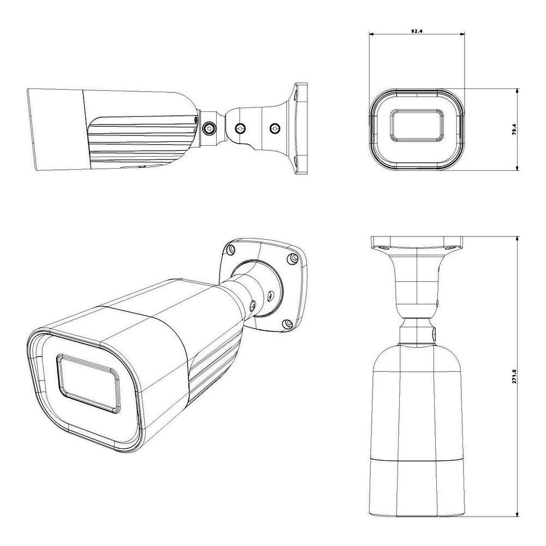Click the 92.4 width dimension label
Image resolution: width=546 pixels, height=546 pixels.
point(417,31)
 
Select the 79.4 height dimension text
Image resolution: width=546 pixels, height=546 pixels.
point(514,129)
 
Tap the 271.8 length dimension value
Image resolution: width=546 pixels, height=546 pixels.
point(514,376)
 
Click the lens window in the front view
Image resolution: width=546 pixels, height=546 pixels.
point(417,126)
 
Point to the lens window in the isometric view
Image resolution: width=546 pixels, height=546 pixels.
point(88,383)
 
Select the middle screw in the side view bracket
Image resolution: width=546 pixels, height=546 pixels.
point(240,128)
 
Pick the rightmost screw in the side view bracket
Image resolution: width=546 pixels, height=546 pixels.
point(275,128)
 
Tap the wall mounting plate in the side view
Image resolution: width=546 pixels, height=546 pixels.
point(301,128)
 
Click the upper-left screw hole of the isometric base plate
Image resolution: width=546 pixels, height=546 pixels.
point(230,250)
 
